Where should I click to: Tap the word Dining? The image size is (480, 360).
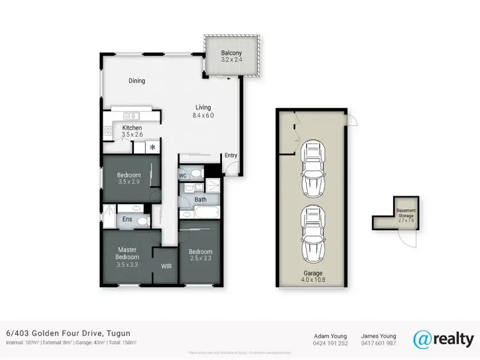[x=136, y=81]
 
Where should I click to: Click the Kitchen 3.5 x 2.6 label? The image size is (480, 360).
[x=132, y=132]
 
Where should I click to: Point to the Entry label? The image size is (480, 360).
[x=230, y=155]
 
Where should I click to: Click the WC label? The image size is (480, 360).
[x=182, y=175]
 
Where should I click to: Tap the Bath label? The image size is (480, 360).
[x=200, y=200]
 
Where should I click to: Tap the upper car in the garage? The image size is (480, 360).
[x=314, y=168]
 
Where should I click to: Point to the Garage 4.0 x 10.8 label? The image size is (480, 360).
[x=313, y=276]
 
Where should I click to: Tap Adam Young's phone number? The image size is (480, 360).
[x=330, y=343]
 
